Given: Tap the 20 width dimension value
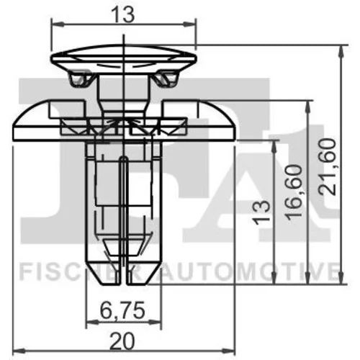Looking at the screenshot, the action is pos(122,341).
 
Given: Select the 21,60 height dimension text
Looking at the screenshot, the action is pos(327,166).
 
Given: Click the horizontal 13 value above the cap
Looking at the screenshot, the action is pos(124,15).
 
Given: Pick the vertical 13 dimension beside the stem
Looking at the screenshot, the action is pos(262,212).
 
